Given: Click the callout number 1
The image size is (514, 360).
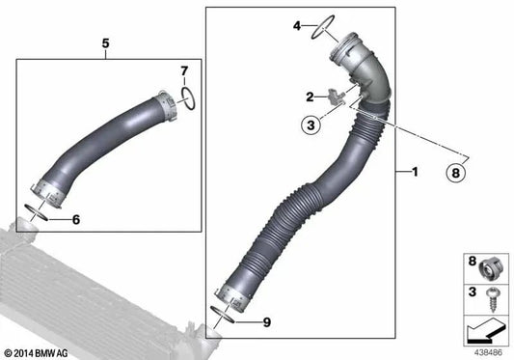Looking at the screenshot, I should tap(415, 173).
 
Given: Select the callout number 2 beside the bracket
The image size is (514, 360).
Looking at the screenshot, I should tap(311, 97).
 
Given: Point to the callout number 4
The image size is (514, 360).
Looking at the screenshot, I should tap(298, 26).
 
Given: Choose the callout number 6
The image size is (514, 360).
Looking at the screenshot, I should tap(75, 219).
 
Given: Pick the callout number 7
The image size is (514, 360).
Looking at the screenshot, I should tap(184, 69).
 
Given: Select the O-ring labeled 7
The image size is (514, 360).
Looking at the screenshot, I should tap(190, 97).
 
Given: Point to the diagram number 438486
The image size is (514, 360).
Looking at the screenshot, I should tap(487, 352).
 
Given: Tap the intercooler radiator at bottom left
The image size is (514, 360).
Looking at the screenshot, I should tap(77, 290).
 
